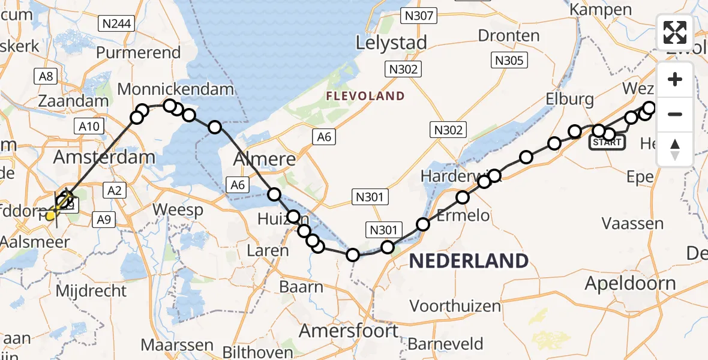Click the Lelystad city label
(x=391, y=43)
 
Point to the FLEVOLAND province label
(x=365, y=96)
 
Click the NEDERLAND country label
(x=469, y=261)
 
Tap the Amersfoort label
(x=349, y=331)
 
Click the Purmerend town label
(x=138, y=53)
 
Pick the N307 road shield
(x=418, y=16)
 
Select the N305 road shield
(x=509, y=60)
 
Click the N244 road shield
(x=118, y=24)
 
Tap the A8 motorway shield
(x=47, y=76)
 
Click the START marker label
(x=607, y=143)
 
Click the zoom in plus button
(x=675, y=80)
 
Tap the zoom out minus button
(x=675, y=114)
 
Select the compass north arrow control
(x=675, y=149)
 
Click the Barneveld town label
(x=445, y=344)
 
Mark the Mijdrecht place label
(x=91, y=292)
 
